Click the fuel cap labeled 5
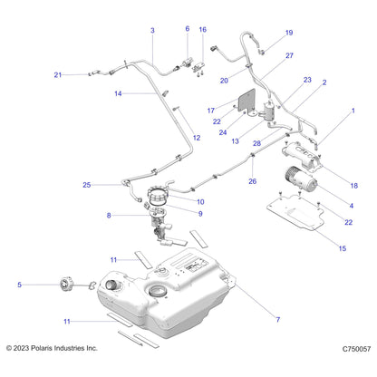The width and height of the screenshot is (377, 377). (x=65, y=285)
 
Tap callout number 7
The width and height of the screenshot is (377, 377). (x=278, y=319)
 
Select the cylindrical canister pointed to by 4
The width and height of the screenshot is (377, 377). (x=301, y=180)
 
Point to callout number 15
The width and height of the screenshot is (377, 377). (x=343, y=248)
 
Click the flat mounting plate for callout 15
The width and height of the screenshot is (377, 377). (x=295, y=213)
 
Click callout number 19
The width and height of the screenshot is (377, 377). (x=289, y=33)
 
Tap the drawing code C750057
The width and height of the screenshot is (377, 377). (x=356, y=349)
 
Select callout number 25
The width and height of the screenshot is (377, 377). (x=87, y=185)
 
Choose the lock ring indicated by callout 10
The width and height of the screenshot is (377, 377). (x=157, y=197)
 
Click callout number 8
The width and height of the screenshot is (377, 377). (x=109, y=216)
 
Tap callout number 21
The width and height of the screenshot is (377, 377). (x=58, y=75)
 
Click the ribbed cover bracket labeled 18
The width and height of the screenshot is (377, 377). (x=302, y=156)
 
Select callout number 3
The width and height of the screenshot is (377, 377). (x=152, y=30)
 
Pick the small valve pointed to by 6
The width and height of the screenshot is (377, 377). (x=188, y=63)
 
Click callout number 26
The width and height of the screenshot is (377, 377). (x=253, y=181)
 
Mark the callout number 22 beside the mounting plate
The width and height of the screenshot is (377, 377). (x=349, y=222)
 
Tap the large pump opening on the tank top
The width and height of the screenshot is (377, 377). (x=158, y=291)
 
